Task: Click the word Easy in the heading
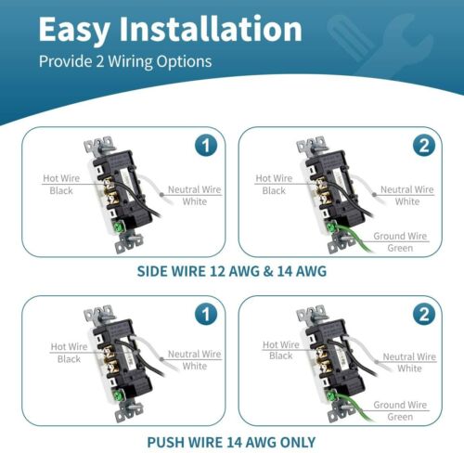pyautogui.click(x=74, y=30)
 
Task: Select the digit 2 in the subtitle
pyautogui.click(x=99, y=61)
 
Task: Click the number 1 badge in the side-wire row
pyautogui.click(x=206, y=146)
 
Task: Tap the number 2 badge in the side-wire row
pyautogui.click(x=424, y=146)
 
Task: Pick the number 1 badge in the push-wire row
pyautogui.click(x=206, y=314)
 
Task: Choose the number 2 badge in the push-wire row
pyautogui.click(x=424, y=314)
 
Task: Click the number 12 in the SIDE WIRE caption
pyautogui.click(x=217, y=271)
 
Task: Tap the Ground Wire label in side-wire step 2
pyautogui.click(x=400, y=236)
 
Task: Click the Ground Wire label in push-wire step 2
pyautogui.click(x=400, y=405)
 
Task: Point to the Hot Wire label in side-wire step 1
pyautogui.click(x=61, y=178)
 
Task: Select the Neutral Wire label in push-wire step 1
pyautogui.click(x=194, y=354)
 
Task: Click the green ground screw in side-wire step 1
pyautogui.click(x=118, y=227)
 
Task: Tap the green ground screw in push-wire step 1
pyautogui.click(x=118, y=395)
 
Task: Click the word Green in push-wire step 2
pyautogui.click(x=400, y=417)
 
